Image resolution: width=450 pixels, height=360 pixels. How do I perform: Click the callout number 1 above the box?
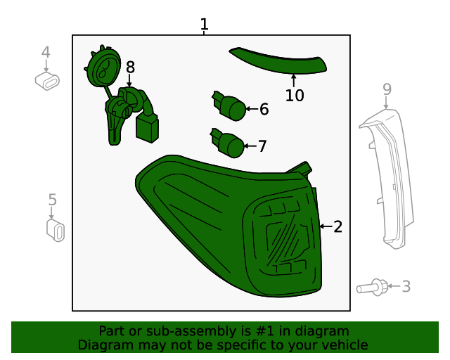[x=204, y=25]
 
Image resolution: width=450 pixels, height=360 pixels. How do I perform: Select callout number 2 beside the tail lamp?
[x=338, y=226]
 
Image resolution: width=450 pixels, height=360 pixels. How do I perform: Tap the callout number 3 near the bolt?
[x=406, y=286]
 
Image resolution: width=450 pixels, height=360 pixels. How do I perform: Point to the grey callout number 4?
[x=46, y=52]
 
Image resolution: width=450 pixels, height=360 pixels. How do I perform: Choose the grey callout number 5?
[x=52, y=200]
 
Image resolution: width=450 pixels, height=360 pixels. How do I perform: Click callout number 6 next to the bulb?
[x=264, y=109]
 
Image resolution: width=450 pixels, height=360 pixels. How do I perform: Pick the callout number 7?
[x=262, y=146]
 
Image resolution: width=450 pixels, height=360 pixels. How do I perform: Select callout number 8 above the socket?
[x=130, y=67]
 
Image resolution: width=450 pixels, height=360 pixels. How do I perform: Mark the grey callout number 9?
[x=386, y=89]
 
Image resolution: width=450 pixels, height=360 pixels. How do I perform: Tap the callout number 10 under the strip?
[x=295, y=95]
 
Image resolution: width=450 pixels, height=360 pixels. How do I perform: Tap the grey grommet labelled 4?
[x=47, y=82]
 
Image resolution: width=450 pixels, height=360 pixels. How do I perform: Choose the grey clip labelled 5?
[x=55, y=230]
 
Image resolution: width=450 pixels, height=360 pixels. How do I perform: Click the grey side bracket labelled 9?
[x=386, y=176]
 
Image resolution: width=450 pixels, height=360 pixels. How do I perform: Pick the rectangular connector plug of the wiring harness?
[x=147, y=129]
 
